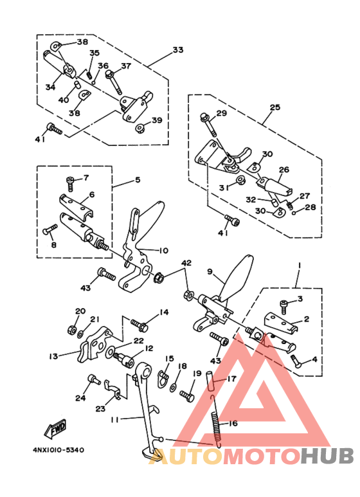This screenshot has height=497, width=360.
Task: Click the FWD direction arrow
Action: tap(56, 428)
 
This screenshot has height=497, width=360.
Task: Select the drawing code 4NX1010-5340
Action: tap(59, 450)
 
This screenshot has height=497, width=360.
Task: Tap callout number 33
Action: tap(178, 50)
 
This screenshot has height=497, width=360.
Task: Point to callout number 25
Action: tap(275, 107)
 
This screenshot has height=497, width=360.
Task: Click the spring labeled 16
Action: tap(215, 422)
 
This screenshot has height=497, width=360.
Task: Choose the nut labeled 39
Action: tap(139, 129)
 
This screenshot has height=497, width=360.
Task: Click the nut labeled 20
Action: tap(72, 330)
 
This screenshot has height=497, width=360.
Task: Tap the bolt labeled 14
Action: tap(139, 325)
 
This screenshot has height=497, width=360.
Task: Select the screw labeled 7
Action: tap(71, 184)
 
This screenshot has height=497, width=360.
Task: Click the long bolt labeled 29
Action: tap(208, 125)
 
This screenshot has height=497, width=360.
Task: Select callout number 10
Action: tap(163, 250)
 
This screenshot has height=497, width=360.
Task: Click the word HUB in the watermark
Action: tap(327, 456)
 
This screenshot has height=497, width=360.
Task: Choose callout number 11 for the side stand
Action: tap(115, 419)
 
